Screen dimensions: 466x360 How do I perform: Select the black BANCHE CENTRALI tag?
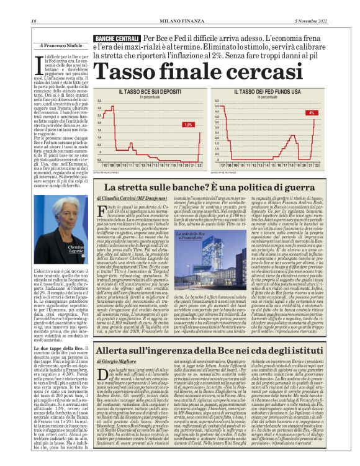click(116, 40)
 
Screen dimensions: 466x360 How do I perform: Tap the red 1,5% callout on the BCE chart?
click(188, 125)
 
